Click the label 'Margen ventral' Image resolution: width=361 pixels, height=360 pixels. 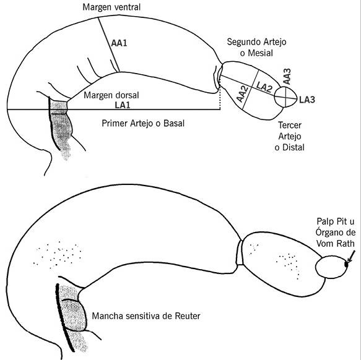tap(111, 7)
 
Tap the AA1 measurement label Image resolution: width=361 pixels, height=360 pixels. tap(119, 43)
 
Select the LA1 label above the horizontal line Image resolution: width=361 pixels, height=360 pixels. tap(123, 105)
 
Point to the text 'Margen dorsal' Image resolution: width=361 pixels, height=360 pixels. tap(111, 95)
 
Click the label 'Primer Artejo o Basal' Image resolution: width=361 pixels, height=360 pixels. tap(143, 123)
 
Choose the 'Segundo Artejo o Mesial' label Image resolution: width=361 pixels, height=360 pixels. tap(256, 48)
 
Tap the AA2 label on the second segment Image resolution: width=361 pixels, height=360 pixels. tap(243, 94)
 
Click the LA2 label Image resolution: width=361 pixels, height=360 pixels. tap(264, 87)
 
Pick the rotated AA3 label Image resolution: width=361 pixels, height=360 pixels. tap(287, 77)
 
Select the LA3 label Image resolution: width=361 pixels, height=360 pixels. tap(307, 100)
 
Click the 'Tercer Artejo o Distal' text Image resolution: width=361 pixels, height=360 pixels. tap(290, 136)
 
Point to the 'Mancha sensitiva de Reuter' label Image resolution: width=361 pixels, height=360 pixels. tap(146, 316)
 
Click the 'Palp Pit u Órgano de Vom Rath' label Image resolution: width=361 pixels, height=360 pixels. tap(336, 233)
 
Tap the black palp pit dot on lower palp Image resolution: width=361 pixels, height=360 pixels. tap(346, 265)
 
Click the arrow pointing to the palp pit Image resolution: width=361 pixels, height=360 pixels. tap(350, 257)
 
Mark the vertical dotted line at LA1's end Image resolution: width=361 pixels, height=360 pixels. tap(220, 93)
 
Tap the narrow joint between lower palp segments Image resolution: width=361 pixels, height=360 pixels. tap(240, 252)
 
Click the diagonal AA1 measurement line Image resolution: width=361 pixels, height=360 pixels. tap(109, 45)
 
